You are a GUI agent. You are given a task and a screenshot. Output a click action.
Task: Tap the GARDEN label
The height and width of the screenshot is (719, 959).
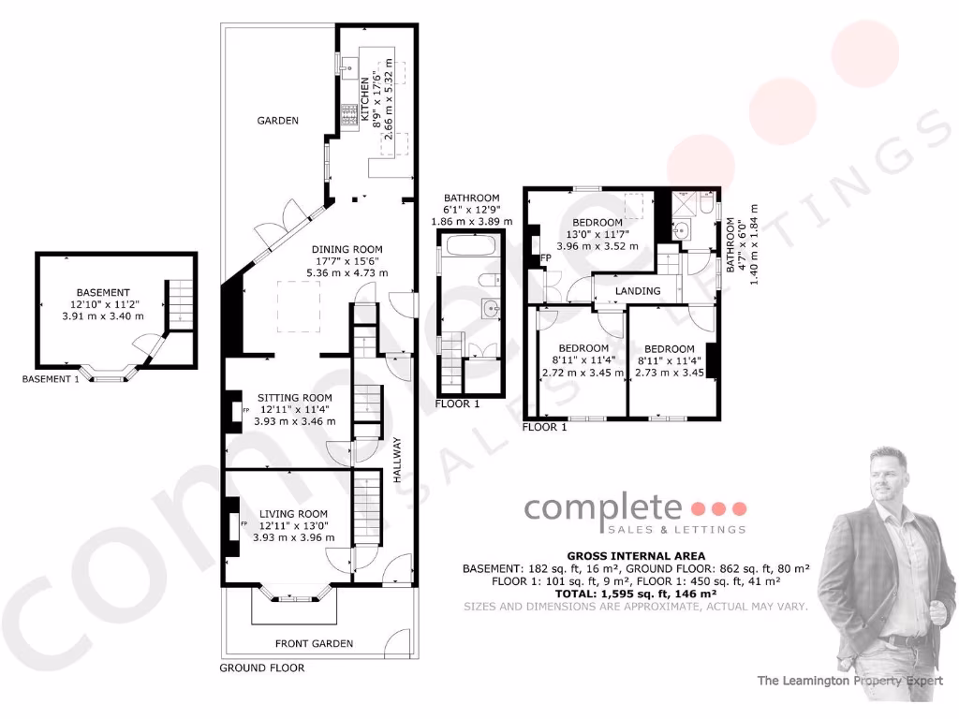point(278,121)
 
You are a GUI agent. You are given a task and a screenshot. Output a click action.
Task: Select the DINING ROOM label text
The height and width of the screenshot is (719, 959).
point(347,249)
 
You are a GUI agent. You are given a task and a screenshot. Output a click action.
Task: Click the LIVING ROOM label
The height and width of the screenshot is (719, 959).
point(293,513)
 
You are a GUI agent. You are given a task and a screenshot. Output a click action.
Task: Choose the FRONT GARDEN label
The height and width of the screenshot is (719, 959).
point(314,643)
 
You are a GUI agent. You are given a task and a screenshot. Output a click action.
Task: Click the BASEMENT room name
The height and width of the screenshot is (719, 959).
point(103,292)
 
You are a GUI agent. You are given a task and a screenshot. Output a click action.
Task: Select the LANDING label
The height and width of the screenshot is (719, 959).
point(638,291)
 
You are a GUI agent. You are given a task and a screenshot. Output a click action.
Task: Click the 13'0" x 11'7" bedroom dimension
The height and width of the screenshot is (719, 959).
point(597,234)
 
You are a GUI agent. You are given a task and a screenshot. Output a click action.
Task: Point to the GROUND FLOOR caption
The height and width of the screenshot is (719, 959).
point(261,668)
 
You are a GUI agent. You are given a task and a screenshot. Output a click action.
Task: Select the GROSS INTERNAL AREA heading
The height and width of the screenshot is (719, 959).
point(636,556)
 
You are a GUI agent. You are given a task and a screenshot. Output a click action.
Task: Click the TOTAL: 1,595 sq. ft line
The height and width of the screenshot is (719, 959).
point(636,594)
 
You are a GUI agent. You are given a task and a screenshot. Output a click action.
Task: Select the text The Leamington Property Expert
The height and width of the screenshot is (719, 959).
point(849,681)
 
